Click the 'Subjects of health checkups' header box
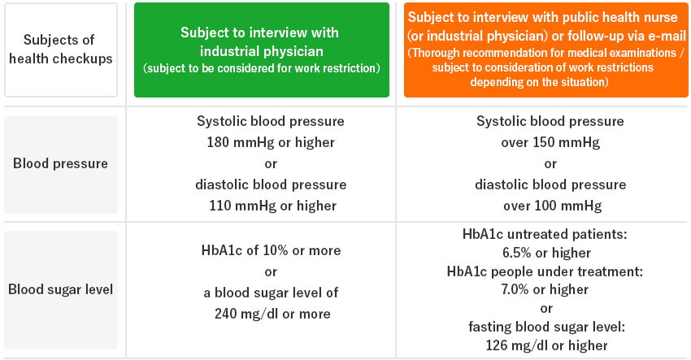(61, 50)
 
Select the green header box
(262, 50)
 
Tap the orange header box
(546, 50)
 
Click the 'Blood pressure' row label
(61, 164)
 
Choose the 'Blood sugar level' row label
(61, 290)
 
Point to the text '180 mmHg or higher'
(271, 142)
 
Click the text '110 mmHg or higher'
(272, 206)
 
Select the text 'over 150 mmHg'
(550, 142)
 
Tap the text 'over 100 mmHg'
(553, 206)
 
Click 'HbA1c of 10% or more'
(271, 250)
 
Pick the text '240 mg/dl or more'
(272, 314)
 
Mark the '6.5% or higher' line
(546, 253)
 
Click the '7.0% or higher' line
(545, 289)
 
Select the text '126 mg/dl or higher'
(546, 345)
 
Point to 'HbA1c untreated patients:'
(545, 234)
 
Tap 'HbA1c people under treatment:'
(545, 271)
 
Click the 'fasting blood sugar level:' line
(546, 327)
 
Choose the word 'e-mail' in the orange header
(667, 35)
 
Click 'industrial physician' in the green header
(262, 51)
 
